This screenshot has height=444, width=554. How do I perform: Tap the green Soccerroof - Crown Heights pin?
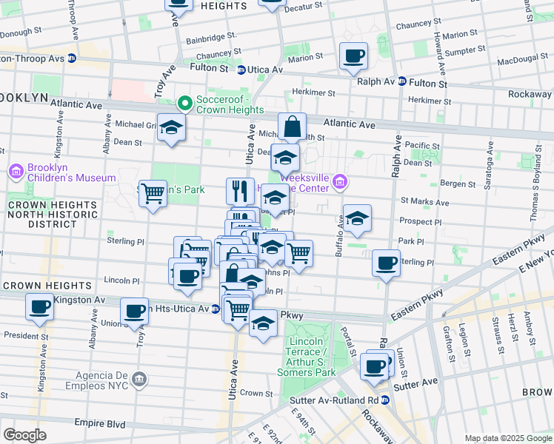184,102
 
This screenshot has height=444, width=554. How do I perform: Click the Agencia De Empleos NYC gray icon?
138,380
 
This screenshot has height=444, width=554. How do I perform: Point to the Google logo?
24,435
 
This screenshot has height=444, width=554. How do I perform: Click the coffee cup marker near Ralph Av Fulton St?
353,55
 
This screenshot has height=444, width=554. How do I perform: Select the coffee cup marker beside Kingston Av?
39,306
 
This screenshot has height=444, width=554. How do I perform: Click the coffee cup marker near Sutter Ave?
375,366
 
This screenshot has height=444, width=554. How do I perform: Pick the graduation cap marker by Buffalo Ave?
357,218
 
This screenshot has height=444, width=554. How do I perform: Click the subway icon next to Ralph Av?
402,82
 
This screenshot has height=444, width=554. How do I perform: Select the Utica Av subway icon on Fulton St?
241,70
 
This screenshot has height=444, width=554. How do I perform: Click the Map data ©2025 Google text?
507,438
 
